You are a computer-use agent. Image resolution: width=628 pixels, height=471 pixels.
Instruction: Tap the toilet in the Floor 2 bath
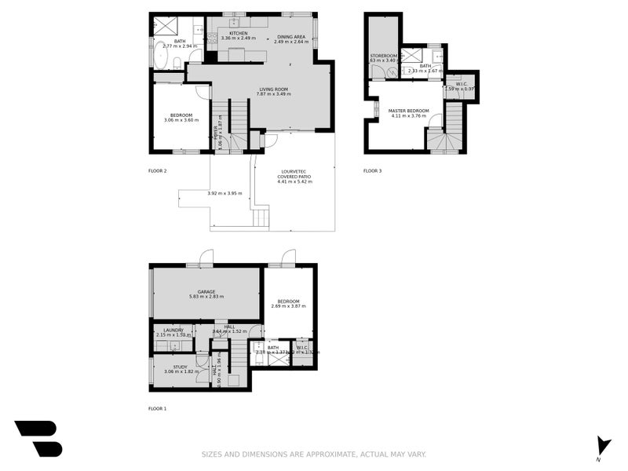tap(178, 63)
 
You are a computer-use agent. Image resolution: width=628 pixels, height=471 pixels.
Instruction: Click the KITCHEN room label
tap(239, 33)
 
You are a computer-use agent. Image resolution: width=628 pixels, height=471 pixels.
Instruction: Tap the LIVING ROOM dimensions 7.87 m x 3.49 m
tap(274, 94)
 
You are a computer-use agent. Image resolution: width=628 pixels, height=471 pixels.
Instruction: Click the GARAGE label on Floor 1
tap(206, 291)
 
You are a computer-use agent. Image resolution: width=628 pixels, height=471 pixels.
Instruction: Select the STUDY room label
tap(181, 366)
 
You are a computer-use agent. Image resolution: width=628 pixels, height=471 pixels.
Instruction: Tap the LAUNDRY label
tap(173, 330)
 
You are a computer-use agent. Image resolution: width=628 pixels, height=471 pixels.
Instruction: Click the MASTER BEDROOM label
tap(409, 111)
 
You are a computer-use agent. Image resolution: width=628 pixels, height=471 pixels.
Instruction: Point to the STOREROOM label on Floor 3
tap(384, 56)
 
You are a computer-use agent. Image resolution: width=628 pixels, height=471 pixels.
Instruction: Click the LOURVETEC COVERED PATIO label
tap(294, 173)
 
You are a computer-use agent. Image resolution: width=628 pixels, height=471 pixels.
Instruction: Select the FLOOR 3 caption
tap(372, 170)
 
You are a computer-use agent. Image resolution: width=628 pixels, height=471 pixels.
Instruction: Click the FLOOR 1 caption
tap(158, 408)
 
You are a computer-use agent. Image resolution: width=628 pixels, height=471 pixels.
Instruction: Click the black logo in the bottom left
tap(38, 438)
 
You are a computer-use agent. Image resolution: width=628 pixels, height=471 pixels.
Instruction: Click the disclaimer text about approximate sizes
tap(314, 454)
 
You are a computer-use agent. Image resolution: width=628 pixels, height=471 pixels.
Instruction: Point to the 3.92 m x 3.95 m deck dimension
tap(225, 193)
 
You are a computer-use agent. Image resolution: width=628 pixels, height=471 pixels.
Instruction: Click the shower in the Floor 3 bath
tap(411, 56)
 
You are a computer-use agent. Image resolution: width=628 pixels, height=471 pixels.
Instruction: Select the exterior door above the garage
tap(206, 257)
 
